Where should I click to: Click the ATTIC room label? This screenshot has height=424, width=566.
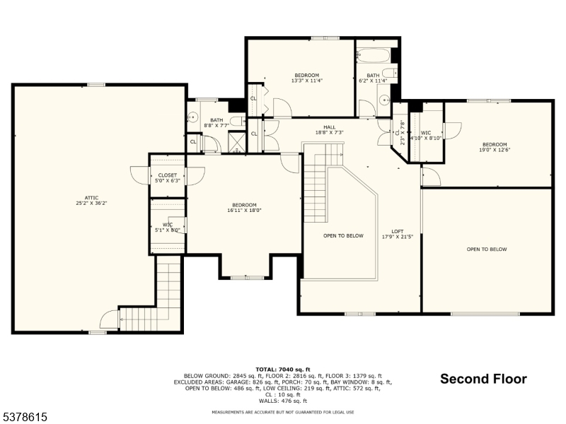pyautogui.click(x=91, y=197)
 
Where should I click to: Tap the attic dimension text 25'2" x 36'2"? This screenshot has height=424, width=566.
pyautogui.click(x=91, y=203)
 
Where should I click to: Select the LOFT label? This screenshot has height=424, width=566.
pyautogui.click(x=398, y=232)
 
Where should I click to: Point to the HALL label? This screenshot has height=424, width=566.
pyautogui.click(x=330, y=127)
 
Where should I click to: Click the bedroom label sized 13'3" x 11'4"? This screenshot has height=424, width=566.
pyautogui.click(x=306, y=75)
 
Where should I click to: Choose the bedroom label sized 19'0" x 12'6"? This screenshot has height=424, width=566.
pyautogui.click(x=495, y=144)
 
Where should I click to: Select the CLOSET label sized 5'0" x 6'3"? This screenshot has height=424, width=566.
pyautogui.click(x=168, y=175)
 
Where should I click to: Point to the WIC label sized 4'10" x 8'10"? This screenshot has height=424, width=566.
pyautogui.click(x=426, y=133)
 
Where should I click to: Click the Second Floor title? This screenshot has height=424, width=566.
pyautogui.click(x=483, y=379)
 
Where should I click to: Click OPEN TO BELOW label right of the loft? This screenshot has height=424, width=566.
pyautogui.click(x=486, y=249)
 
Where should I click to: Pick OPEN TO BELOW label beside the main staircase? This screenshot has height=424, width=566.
pyautogui.click(x=343, y=235)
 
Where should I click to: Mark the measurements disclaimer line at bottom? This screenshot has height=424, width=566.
pyautogui.click(x=283, y=412)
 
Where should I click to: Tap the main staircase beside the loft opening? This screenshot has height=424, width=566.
pyautogui.click(x=316, y=184)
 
